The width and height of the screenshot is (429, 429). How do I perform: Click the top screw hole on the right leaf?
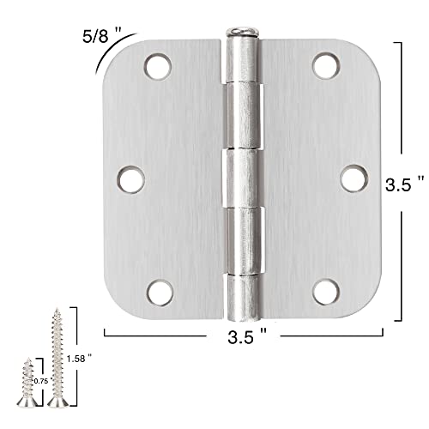(323, 66)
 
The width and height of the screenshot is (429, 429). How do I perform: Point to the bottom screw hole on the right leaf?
(324, 290)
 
